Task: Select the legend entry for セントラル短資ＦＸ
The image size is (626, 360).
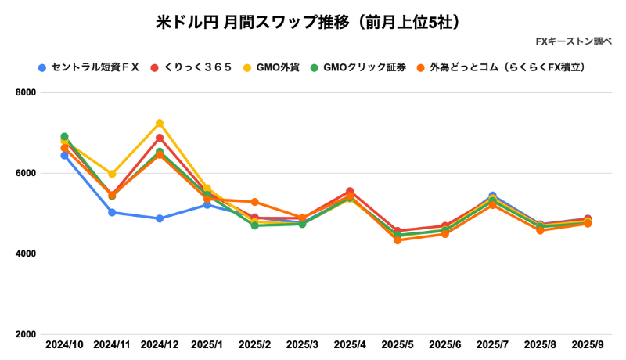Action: [95, 67]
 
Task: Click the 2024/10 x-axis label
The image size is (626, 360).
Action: [64, 344]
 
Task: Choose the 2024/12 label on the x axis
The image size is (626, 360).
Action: [160, 344]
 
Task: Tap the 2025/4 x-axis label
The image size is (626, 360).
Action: [350, 344]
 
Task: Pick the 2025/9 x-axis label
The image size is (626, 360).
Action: [587, 344]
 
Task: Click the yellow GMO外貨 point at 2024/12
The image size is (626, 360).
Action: [160, 123]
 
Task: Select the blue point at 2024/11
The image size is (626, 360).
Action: [112, 212]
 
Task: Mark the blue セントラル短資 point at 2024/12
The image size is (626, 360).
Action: [160, 218]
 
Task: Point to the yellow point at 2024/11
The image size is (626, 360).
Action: [112, 174]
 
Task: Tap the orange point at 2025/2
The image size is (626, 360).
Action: [254, 202]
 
